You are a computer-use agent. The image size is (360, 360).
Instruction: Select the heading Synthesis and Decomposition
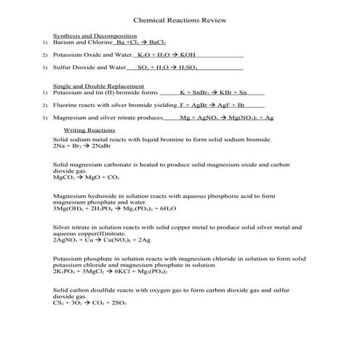[95, 36]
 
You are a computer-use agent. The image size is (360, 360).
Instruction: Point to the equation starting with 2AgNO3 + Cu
[102, 239]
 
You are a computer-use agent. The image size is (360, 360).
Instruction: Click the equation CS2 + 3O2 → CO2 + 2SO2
[90, 303]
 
